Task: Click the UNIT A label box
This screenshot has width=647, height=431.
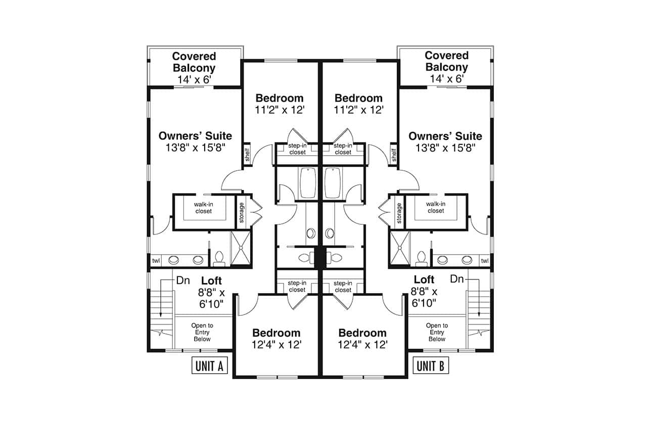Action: [210, 366]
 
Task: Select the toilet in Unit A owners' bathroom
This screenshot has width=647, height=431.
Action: [219, 258]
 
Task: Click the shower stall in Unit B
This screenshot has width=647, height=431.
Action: [399, 248]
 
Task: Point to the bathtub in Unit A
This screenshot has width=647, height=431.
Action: [308, 183]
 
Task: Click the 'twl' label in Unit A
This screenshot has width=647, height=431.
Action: [156, 261]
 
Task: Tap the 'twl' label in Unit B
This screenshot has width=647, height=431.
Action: [484, 261]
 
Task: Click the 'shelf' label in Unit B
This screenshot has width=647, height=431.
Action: [394, 155]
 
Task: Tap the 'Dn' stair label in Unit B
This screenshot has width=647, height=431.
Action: [456, 278]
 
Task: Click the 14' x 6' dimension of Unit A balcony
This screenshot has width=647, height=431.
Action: [194, 79]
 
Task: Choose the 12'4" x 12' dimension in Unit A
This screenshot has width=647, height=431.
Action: [277, 345]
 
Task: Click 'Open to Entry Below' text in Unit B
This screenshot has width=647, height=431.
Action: [437, 332]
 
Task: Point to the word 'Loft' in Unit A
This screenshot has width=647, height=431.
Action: [211, 280]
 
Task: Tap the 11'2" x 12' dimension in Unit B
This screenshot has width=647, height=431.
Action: [358, 110]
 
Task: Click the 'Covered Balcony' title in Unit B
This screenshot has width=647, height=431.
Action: [446, 61]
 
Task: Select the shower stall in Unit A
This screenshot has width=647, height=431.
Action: [241, 248]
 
